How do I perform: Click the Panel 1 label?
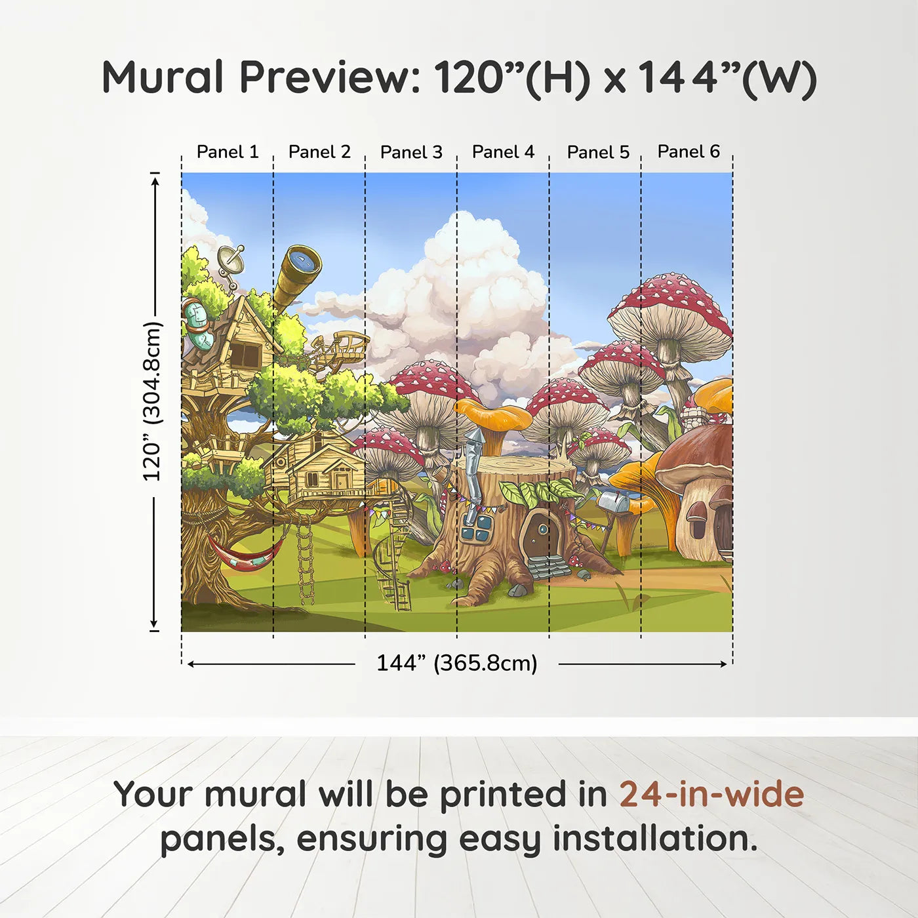point(228,152)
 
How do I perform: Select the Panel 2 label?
point(319,152)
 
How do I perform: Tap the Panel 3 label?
point(411,152)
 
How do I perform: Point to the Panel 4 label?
point(503,152)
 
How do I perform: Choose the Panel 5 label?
point(598,152)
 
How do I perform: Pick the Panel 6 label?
point(688,151)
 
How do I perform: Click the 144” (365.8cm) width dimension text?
point(456,663)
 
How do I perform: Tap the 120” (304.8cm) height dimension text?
point(151,401)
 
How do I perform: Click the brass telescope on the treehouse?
point(296,275)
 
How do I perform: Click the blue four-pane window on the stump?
point(477,529)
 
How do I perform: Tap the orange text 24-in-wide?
point(711,794)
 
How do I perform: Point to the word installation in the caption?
point(654,839)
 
